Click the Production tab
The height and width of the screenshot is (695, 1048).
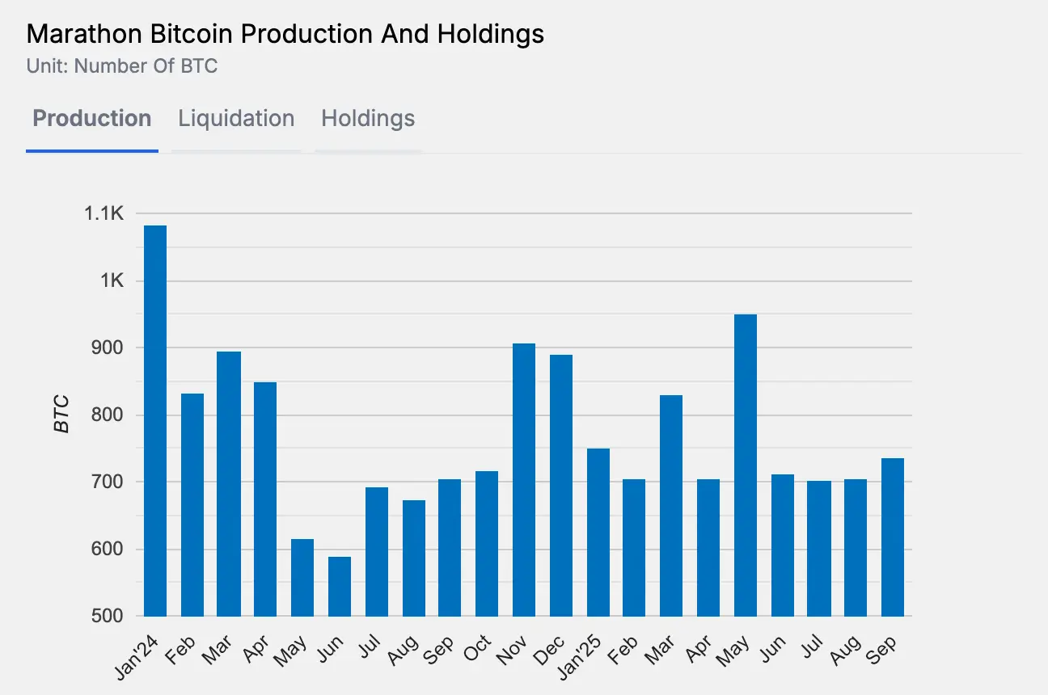91,119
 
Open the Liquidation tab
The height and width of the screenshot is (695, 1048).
236,119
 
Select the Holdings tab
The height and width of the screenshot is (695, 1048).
368,119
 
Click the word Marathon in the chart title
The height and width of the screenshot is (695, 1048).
74,34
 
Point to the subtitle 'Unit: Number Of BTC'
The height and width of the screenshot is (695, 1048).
122,65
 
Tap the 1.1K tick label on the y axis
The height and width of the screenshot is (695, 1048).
104,214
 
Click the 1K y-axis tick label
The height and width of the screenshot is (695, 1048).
112,281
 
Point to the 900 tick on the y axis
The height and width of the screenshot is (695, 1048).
108,348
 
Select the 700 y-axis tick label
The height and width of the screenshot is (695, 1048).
108,482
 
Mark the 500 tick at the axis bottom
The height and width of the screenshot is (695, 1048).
108,616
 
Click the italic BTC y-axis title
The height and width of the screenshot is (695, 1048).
62,414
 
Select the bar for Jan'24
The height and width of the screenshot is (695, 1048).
155,420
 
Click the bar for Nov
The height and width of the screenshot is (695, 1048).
524,480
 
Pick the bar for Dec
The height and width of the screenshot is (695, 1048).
561,485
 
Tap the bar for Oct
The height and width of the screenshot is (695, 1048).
487,543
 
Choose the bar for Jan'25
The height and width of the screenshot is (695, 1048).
598,532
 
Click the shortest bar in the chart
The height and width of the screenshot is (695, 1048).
340,586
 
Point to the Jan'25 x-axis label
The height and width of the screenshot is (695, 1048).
592,654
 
